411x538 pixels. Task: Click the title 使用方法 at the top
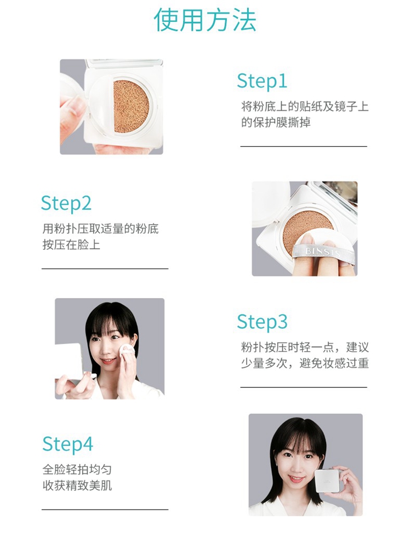point(205,20)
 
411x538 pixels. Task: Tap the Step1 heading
point(262,82)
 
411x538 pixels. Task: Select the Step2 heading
point(66,203)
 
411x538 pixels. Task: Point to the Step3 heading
point(262,322)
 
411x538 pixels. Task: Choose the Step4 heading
point(67,444)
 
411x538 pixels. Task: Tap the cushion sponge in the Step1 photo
point(132,107)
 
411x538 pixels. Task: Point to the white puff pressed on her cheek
point(127,352)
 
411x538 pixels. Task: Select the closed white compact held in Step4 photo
point(328,480)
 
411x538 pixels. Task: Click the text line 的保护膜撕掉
point(276,123)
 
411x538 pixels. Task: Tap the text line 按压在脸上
point(71,245)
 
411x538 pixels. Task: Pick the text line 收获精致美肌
point(77,486)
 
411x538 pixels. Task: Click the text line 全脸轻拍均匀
point(77,470)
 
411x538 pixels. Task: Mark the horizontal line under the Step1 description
point(304,146)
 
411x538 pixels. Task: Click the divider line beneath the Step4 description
point(105,510)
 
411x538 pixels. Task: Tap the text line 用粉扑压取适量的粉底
point(100,228)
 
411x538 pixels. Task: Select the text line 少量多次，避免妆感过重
point(305,363)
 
